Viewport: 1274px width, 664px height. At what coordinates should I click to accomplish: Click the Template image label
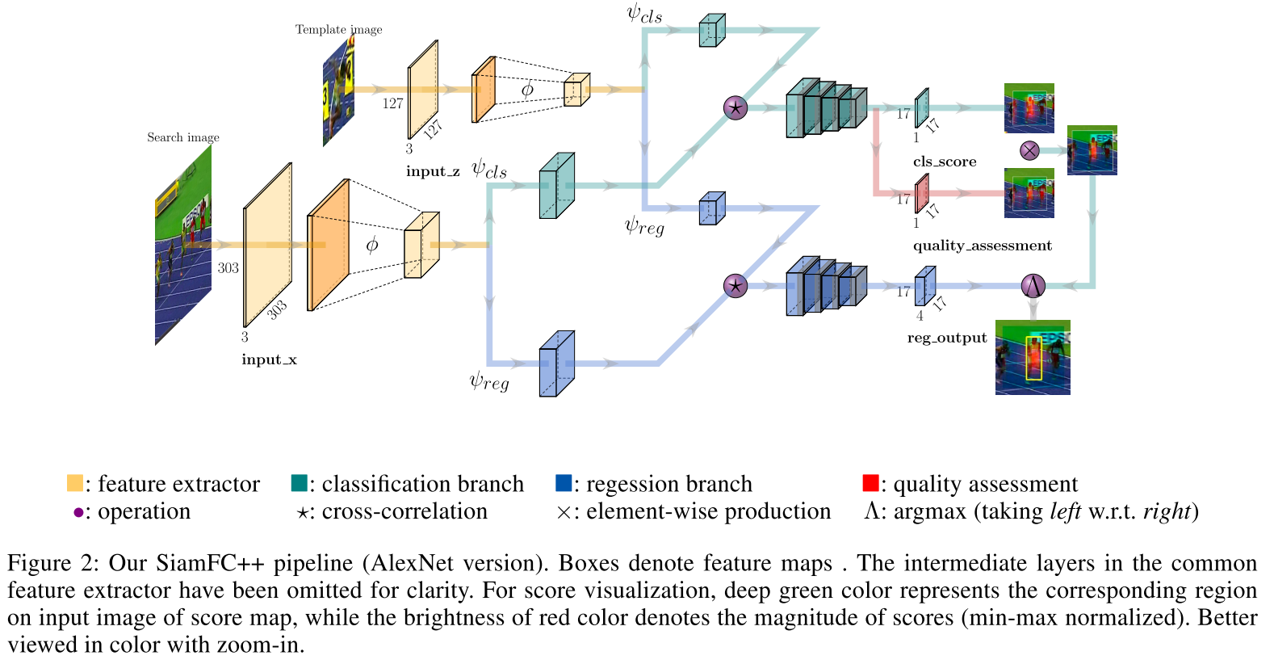pos(338,30)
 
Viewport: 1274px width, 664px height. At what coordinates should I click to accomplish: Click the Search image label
pos(182,137)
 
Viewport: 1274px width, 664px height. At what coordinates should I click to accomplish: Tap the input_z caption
pos(433,171)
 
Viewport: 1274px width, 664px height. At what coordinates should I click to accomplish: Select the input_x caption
pos(269,359)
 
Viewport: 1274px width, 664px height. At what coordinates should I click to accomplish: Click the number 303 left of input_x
pos(228,268)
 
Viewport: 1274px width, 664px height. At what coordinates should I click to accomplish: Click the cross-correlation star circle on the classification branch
pos(735,107)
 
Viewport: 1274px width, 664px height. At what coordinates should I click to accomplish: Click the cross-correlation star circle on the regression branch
pos(735,285)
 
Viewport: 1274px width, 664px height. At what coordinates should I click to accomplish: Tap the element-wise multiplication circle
pos(1029,150)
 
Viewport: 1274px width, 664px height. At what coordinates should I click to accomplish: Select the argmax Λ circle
pos(1033,285)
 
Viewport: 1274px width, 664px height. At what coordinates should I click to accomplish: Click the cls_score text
pos(945,162)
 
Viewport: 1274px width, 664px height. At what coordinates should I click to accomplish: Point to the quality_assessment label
pos(982,246)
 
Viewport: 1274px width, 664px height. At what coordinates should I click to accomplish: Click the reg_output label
pos(946,338)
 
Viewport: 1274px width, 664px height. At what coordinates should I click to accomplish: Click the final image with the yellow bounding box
pos(1033,357)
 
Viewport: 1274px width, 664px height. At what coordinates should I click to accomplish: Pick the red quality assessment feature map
pos(921,194)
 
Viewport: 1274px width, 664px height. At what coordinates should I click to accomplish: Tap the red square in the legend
pos(870,483)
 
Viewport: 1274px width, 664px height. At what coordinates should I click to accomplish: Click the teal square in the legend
pos(299,483)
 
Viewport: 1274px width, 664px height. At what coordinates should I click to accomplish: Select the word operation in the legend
pos(144,511)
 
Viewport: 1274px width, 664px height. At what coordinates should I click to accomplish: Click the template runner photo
pos(338,91)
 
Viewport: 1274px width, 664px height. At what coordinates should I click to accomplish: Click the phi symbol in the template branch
pos(527,90)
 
